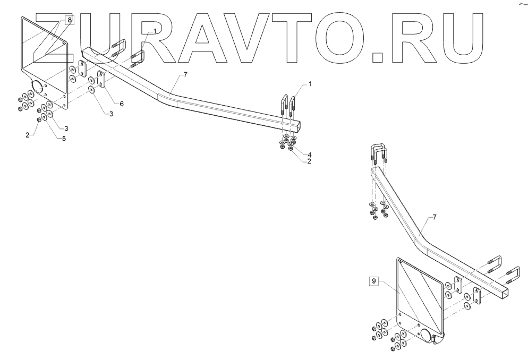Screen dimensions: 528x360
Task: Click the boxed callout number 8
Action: tap(70, 20)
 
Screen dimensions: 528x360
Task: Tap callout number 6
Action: tap(121, 103)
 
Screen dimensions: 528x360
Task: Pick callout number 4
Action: tap(309, 153)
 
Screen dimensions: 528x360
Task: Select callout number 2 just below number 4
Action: tap(309, 161)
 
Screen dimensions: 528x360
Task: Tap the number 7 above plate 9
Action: tap(434, 217)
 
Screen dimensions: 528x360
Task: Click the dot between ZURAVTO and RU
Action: tap(379, 54)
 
